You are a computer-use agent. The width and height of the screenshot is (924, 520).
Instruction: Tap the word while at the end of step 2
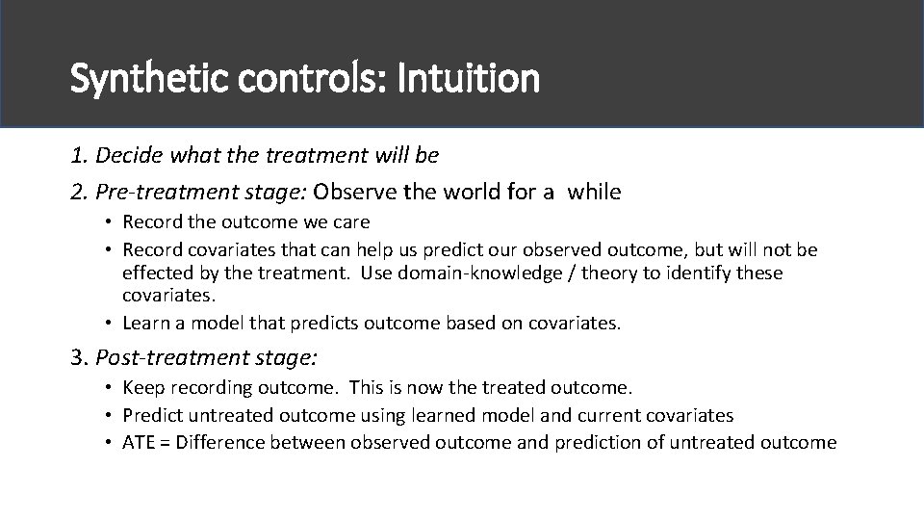[x=594, y=192]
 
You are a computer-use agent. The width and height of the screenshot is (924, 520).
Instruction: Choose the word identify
[x=695, y=273]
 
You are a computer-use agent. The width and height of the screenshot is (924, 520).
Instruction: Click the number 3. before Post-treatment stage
[x=80, y=358]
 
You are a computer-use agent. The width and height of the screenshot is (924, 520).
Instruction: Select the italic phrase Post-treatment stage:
[x=207, y=358]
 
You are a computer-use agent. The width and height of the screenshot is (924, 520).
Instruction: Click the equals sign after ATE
[x=167, y=442]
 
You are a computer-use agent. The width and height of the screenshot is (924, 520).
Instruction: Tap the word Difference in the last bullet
[x=221, y=442]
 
